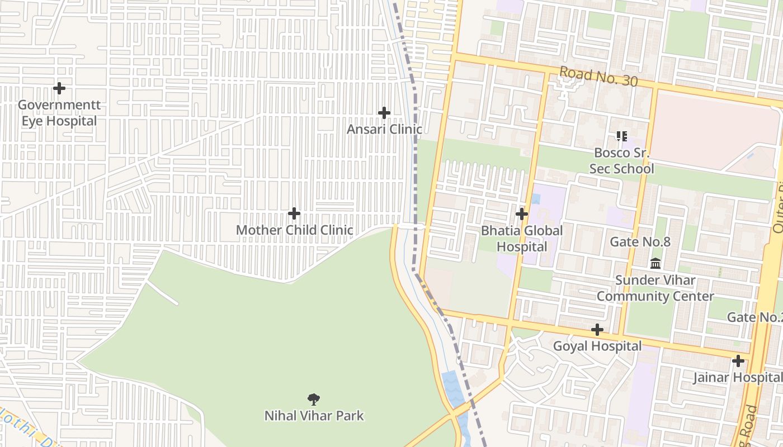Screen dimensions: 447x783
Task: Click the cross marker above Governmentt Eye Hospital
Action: pos(59,88)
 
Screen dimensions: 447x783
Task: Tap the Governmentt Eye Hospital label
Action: pos(59,113)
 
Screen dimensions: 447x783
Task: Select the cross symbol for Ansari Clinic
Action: pos(384,113)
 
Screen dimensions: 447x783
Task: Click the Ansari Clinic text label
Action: pos(384,129)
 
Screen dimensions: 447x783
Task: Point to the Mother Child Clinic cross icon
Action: pos(294,213)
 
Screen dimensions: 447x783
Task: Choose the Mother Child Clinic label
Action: pos(294,230)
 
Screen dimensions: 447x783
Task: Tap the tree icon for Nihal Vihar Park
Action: pos(314,399)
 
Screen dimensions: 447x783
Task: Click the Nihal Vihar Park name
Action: pos(314,416)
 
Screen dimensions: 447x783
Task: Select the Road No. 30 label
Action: pos(598,77)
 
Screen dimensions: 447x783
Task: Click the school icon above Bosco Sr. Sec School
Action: pos(621,136)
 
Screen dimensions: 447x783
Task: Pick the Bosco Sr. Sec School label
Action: pos(621,160)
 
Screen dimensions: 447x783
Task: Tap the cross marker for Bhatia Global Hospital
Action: pos(522,214)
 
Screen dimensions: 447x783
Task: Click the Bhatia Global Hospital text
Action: pos(522,238)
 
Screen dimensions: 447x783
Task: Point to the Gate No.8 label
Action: pos(640,242)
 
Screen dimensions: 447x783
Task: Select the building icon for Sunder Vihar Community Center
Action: pos(655,263)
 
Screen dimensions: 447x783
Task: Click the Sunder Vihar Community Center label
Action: pos(655,288)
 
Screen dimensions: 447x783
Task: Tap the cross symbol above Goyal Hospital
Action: pos(597,330)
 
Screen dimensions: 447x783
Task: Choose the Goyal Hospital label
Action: pos(597,346)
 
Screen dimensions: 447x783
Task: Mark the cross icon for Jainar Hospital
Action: pos(738,361)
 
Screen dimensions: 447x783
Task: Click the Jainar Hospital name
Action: pos(737,377)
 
